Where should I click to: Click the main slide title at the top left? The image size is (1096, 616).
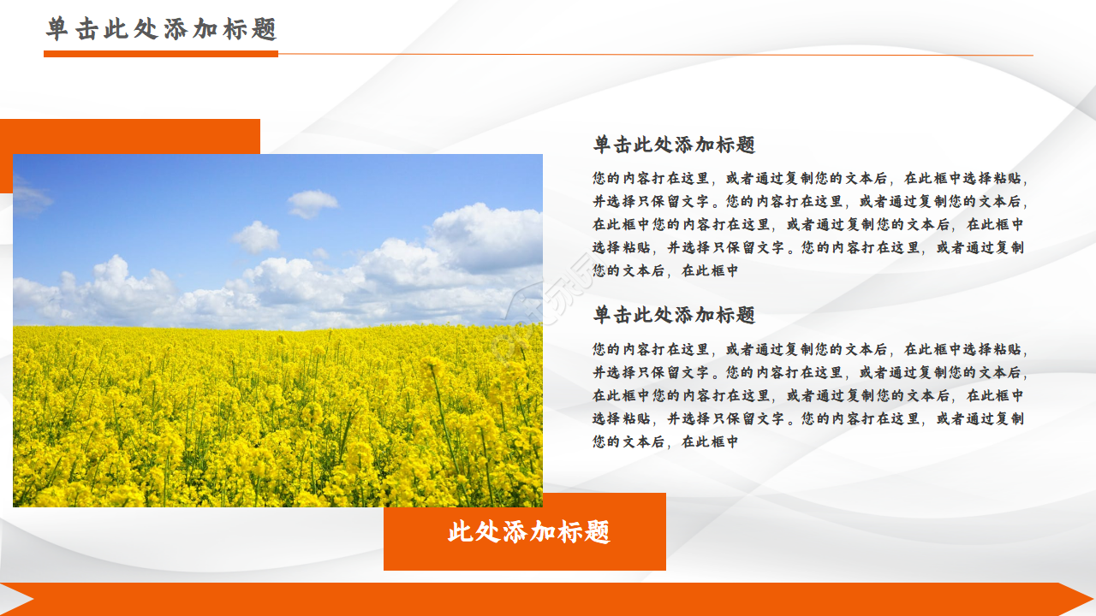162,29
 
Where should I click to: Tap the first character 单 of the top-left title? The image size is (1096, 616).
57,29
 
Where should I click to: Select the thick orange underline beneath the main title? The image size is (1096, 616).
161,54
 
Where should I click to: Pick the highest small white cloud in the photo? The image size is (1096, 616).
312,203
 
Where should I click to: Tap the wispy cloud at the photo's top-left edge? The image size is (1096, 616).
30,198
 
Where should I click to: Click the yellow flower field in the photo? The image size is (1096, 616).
274,419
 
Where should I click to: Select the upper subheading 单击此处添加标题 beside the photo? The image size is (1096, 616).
674,145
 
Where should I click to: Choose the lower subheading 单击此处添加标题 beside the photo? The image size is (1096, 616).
674,315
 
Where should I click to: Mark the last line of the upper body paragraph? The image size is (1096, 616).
665,271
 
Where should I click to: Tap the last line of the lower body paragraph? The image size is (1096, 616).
665,442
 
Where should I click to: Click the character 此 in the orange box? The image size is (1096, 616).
461,532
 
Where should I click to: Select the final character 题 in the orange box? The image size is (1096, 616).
598,532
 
